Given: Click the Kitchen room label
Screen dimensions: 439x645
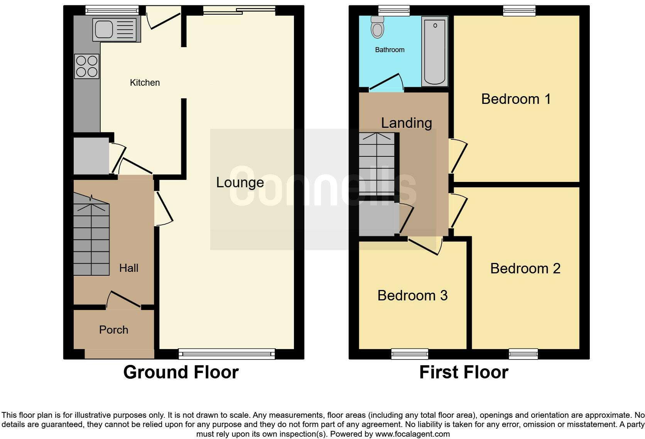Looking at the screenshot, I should [x=145, y=83].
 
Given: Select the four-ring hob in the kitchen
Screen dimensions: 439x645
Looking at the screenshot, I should [x=87, y=66].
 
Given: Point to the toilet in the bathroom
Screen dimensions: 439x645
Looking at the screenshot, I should [x=377, y=27].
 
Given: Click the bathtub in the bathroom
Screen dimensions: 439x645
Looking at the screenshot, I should [x=435, y=51].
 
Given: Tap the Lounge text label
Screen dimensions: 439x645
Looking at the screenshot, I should [x=240, y=183].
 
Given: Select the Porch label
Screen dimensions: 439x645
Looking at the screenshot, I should [x=113, y=330].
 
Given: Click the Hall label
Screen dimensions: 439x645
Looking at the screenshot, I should [x=128, y=268].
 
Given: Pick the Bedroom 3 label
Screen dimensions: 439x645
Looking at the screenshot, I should [x=412, y=295].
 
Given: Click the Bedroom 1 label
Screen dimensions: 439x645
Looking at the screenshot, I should [x=516, y=99].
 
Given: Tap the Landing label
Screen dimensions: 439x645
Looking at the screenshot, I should [x=406, y=123].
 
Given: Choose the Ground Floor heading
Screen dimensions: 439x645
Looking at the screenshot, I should [x=181, y=372].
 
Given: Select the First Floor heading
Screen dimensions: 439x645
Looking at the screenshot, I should [x=463, y=372].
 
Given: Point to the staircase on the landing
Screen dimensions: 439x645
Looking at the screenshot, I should [x=377, y=164].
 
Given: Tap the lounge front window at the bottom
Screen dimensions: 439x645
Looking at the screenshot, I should [x=227, y=353].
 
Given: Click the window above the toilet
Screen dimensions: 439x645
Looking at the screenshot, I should [x=394, y=10].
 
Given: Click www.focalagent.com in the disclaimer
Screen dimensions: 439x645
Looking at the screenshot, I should [x=412, y=434].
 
